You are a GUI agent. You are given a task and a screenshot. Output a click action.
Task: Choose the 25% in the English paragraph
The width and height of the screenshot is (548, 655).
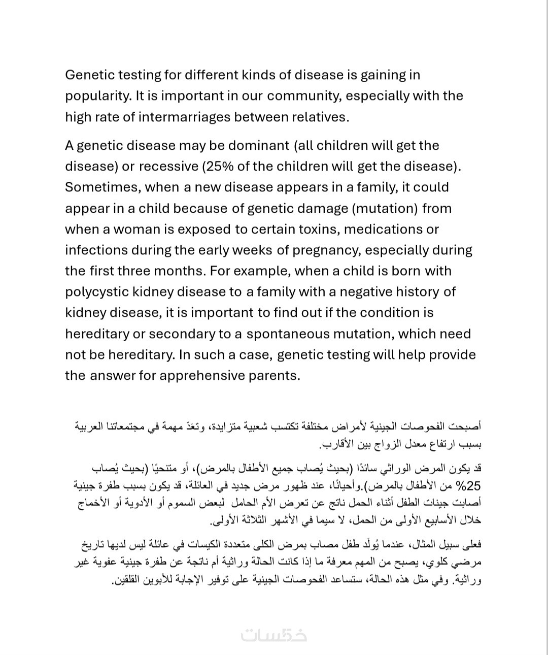coord(221,167)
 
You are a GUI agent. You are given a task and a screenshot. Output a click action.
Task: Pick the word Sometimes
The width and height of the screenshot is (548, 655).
coord(102,187)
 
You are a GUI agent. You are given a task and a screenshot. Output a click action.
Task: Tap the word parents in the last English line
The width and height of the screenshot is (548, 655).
coord(278,376)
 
